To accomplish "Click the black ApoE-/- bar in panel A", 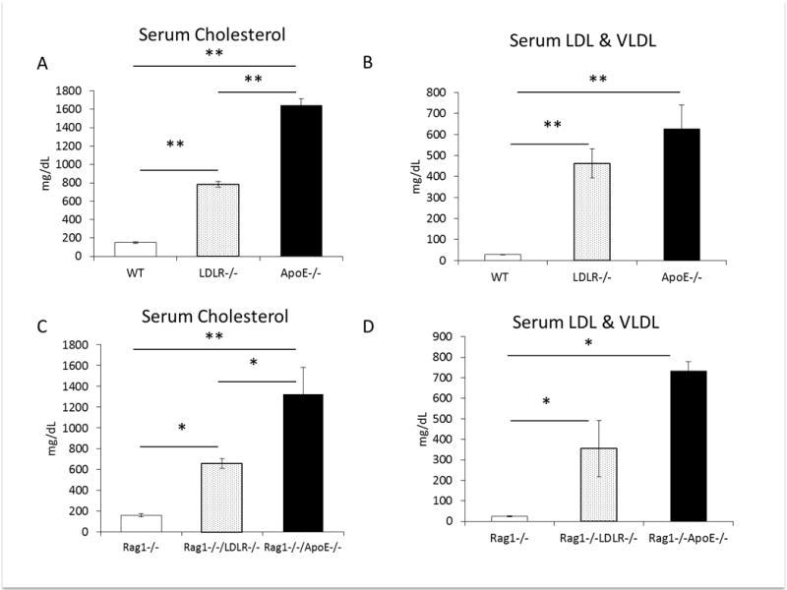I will (301, 181).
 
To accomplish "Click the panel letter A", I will (42, 64).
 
